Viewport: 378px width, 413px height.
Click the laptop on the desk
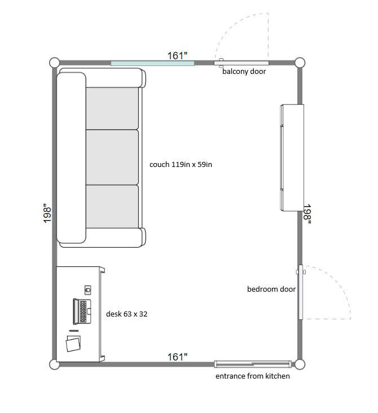click(x=82, y=311)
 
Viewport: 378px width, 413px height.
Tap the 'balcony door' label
click(x=244, y=72)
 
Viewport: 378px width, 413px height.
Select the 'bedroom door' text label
click(x=271, y=289)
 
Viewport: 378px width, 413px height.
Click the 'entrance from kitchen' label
click(x=253, y=376)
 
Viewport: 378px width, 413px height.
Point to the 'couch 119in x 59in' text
click(x=181, y=165)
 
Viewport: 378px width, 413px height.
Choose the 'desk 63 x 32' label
click(x=127, y=314)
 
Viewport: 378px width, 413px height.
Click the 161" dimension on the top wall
click(x=178, y=56)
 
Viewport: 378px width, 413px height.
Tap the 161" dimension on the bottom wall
click(x=178, y=357)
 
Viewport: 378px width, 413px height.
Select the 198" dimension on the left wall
click(x=47, y=213)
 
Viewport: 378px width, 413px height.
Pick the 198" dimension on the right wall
click(x=307, y=214)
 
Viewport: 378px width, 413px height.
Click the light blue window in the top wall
click(x=152, y=63)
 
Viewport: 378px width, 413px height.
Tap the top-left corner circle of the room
click(x=55, y=63)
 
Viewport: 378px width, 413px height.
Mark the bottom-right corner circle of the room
click(x=300, y=364)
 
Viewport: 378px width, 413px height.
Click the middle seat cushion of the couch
click(x=112, y=157)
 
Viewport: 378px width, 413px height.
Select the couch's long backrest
click(x=72, y=158)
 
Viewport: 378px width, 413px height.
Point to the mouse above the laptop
click(x=88, y=290)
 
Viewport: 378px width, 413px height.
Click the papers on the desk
click(x=73, y=343)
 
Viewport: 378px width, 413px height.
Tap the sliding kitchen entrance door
click(x=253, y=364)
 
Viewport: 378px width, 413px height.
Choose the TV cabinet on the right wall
click(x=292, y=158)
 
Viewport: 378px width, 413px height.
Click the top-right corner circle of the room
click(x=300, y=63)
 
